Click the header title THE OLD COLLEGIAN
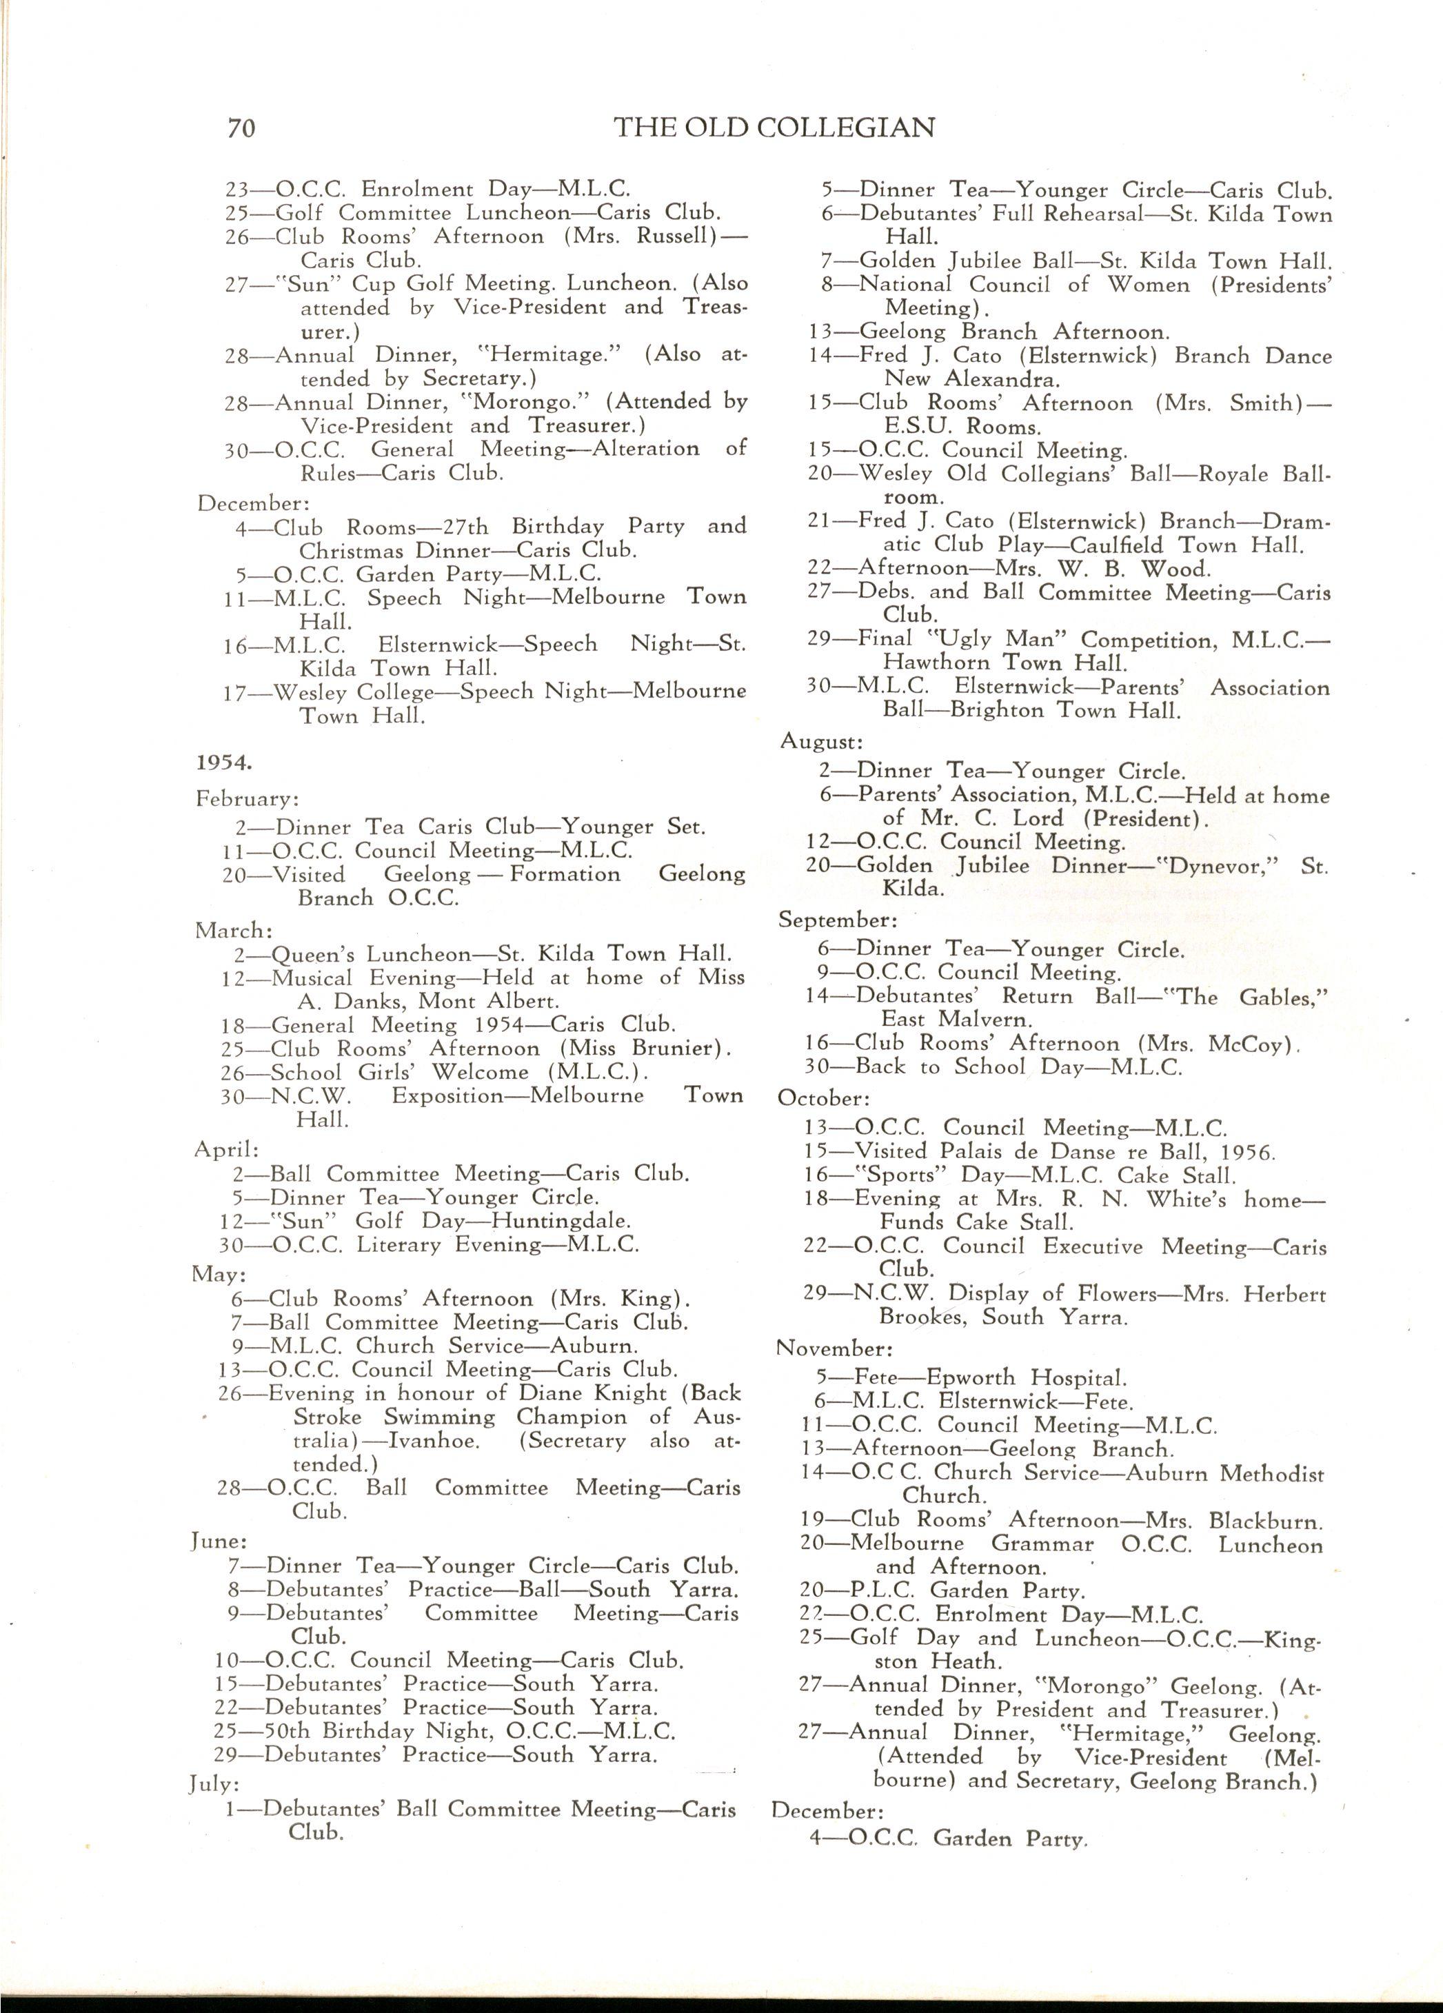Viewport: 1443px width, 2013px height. [774, 128]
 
